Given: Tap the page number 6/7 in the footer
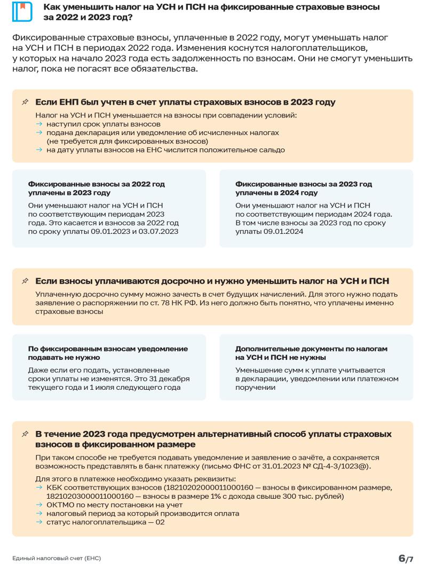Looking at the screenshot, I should (x=406, y=558).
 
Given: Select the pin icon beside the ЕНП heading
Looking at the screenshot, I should (x=25, y=102).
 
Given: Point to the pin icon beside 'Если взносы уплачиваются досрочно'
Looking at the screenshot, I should (x=25, y=281).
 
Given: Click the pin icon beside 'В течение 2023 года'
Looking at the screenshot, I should (x=25, y=435).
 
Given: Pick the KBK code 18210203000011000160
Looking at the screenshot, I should (x=90, y=497).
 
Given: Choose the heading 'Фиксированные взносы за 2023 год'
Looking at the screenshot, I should (x=304, y=184).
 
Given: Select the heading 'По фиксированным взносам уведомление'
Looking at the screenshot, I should (x=108, y=349).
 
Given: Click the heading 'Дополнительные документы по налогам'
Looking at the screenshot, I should (x=311, y=349).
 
